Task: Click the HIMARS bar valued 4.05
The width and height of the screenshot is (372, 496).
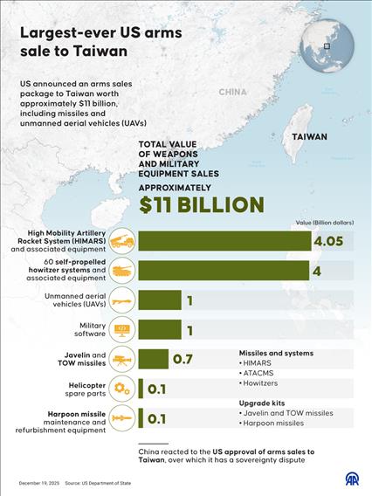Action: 224,241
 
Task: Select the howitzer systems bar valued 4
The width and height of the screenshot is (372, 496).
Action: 223,272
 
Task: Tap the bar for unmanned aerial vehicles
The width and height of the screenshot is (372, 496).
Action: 159,301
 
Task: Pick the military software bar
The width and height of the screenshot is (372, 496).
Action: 159,330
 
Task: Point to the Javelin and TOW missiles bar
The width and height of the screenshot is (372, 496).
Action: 153,359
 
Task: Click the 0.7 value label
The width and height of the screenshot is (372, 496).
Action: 183,359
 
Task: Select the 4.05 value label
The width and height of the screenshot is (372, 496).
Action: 332,241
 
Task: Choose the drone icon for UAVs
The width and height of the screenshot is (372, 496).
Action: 122,301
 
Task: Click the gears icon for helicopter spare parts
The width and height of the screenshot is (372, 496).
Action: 122,389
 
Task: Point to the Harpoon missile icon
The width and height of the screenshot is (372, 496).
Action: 122,418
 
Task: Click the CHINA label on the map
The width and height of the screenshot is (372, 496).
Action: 233,92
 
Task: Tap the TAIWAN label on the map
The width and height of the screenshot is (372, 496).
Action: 309,137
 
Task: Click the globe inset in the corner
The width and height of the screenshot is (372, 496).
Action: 327,45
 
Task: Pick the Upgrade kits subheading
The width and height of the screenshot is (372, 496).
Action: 263,402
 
